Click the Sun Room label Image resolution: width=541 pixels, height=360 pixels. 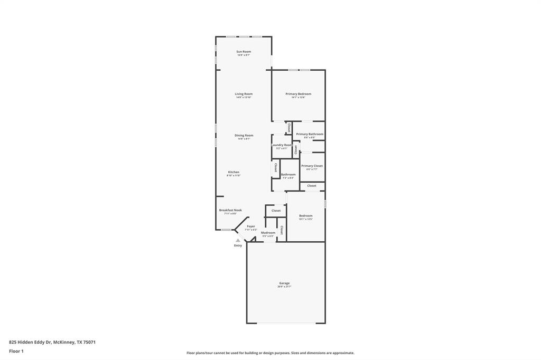pyautogui.click(x=244, y=52)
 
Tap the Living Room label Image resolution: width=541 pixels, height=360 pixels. pyautogui.click(x=244, y=94)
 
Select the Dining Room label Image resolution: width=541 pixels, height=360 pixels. pyautogui.click(x=244, y=135)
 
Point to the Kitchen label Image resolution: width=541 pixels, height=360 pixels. pyautogui.click(x=234, y=172)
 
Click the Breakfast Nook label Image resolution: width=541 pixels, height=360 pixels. pyautogui.click(x=230, y=210)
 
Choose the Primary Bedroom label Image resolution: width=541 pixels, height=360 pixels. pyautogui.click(x=298, y=94)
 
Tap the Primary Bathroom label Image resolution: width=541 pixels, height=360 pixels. pyautogui.click(x=310, y=134)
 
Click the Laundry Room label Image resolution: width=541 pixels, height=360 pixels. pyautogui.click(x=282, y=145)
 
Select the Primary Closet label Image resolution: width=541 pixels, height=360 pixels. pyautogui.click(x=312, y=166)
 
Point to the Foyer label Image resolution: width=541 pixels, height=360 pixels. pyautogui.click(x=251, y=226)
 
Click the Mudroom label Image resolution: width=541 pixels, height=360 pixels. pyautogui.click(x=268, y=232)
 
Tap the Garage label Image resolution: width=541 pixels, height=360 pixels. pyautogui.click(x=284, y=283)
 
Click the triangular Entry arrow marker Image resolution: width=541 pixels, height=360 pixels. pyautogui.click(x=238, y=240)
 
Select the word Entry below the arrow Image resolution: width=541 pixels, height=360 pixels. pyautogui.click(x=238, y=245)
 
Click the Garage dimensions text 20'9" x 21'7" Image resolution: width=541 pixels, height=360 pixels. pyautogui.click(x=284, y=287)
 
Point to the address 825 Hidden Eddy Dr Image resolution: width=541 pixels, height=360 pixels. pyautogui.click(x=52, y=342)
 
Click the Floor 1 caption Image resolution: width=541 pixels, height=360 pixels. pyautogui.click(x=16, y=351)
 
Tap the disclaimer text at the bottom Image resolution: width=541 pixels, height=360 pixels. pyautogui.click(x=270, y=353)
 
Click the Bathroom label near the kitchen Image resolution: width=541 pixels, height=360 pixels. pyautogui.click(x=288, y=174)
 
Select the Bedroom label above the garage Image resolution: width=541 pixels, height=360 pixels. pyautogui.click(x=305, y=215)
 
